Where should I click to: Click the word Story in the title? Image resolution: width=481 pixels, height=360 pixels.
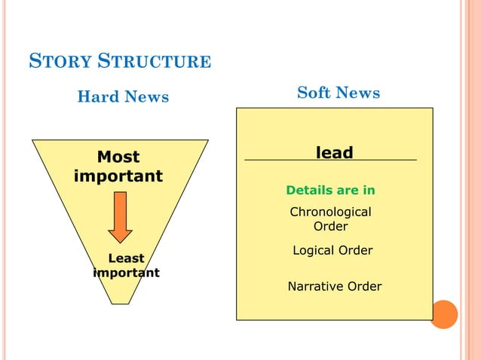57,61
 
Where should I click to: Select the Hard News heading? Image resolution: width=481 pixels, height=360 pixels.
124,97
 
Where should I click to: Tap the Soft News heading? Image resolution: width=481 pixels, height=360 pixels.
339,93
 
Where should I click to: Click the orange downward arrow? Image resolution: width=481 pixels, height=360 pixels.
120,216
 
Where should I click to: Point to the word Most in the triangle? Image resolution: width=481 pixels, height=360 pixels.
118,157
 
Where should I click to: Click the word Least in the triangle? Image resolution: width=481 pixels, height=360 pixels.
127,258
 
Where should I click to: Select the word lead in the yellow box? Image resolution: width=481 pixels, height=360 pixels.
334,153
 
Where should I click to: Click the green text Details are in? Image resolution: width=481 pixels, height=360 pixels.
330,191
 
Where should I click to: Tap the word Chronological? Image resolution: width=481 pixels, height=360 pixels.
331,212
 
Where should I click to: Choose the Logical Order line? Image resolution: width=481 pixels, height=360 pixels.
332,250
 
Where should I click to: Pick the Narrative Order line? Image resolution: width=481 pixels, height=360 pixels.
335,286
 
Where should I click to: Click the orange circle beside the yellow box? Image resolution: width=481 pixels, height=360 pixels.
444,314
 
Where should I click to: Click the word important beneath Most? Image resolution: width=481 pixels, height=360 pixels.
118,176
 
